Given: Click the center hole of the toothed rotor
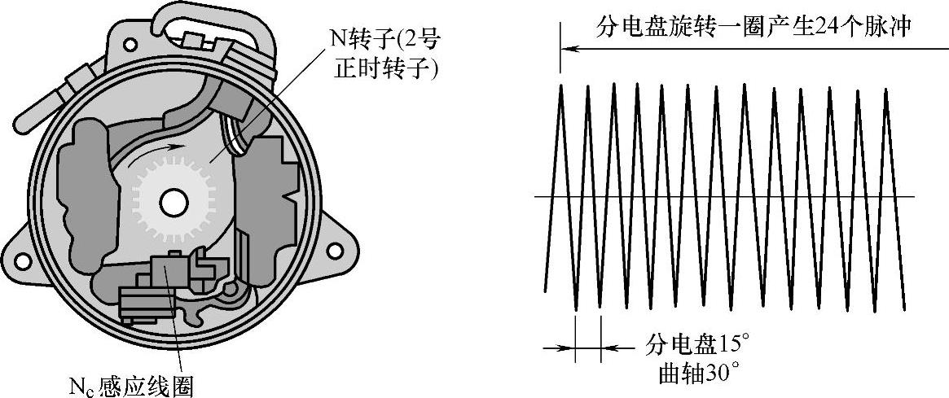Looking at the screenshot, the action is click(x=173, y=202).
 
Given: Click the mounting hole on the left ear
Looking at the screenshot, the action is click(x=22, y=260).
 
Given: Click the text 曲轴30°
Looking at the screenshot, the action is click(x=699, y=374).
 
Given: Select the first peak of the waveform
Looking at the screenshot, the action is click(x=561, y=86).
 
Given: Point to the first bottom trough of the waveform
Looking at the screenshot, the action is click(x=576, y=308).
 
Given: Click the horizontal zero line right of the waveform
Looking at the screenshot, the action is click(x=908, y=196).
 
